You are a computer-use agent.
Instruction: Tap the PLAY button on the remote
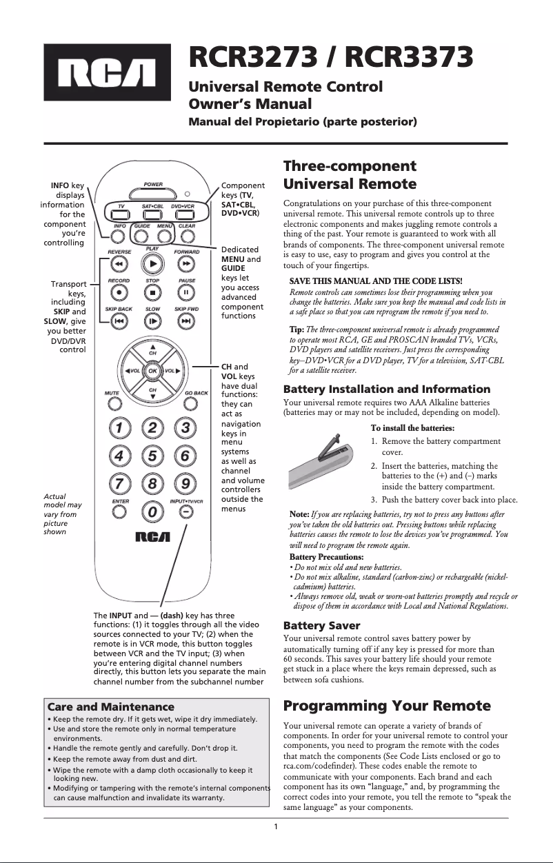(152, 263)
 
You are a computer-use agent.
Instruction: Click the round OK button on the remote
(152, 370)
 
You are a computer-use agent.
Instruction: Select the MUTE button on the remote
(112, 404)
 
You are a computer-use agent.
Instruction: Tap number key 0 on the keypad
(152, 512)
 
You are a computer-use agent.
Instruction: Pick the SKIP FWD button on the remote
(186, 321)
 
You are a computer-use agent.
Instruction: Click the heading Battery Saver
(322, 626)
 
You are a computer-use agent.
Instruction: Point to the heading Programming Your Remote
(387, 706)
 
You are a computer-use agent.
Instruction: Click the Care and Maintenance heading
(110, 707)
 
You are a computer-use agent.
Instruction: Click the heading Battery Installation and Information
(387, 389)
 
